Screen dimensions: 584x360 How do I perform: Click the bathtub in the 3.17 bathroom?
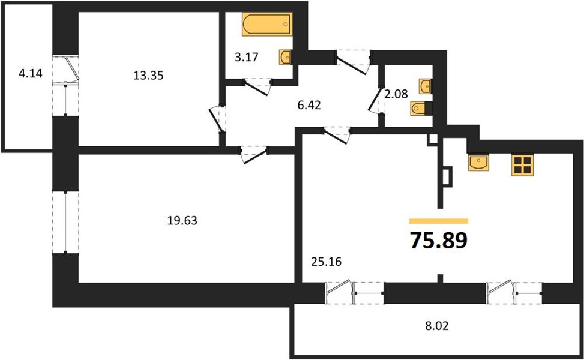click(266, 25)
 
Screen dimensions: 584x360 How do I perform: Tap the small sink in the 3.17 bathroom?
click(285, 57)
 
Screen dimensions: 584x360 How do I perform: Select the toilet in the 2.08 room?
click(420, 109)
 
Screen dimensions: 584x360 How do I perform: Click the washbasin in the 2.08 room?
click(425, 86)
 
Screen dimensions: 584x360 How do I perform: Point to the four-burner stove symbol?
click(523, 165)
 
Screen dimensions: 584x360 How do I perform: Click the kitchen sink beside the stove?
click(478, 163)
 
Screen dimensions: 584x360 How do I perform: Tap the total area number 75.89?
click(438, 240)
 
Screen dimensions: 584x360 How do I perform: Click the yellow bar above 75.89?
click(438, 221)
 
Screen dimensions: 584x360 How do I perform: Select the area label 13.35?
click(149, 76)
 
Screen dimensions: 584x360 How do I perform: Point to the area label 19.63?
click(182, 221)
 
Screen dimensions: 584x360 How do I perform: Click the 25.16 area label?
click(327, 262)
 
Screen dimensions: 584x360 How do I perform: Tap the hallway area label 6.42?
click(309, 105)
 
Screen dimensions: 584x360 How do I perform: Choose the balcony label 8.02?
click(437, 326)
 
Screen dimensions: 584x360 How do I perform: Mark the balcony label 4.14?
click(31, 73)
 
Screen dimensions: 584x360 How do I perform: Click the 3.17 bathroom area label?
click(247, 58)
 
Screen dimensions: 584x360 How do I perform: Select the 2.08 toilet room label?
click(396, 94)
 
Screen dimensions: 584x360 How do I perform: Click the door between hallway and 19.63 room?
click(254, 154)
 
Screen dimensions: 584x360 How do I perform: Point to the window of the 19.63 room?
click(65, 223)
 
